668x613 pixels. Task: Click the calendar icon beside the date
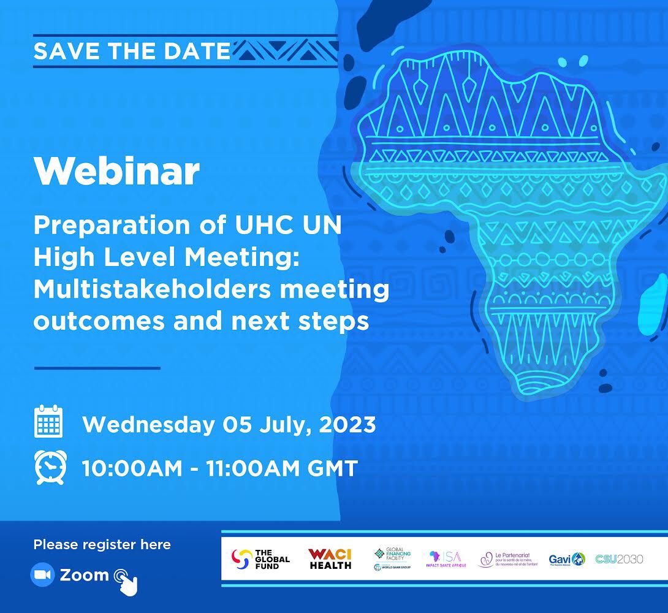(49, 422)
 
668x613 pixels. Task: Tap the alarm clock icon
(49, 467)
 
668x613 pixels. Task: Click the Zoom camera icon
(42, 574)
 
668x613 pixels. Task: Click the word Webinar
(116, 172)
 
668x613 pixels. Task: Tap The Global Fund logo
(260, 558)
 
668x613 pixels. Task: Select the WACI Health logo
(330, 558)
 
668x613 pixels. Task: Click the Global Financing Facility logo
(393, 558)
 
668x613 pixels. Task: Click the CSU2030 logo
(619, 558)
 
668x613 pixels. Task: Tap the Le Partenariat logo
(508, 558)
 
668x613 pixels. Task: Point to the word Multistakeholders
(150, 289)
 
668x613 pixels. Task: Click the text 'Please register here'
(102, 544)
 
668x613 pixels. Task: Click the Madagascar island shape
(648, 310)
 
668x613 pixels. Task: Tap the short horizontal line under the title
(97, 368)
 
